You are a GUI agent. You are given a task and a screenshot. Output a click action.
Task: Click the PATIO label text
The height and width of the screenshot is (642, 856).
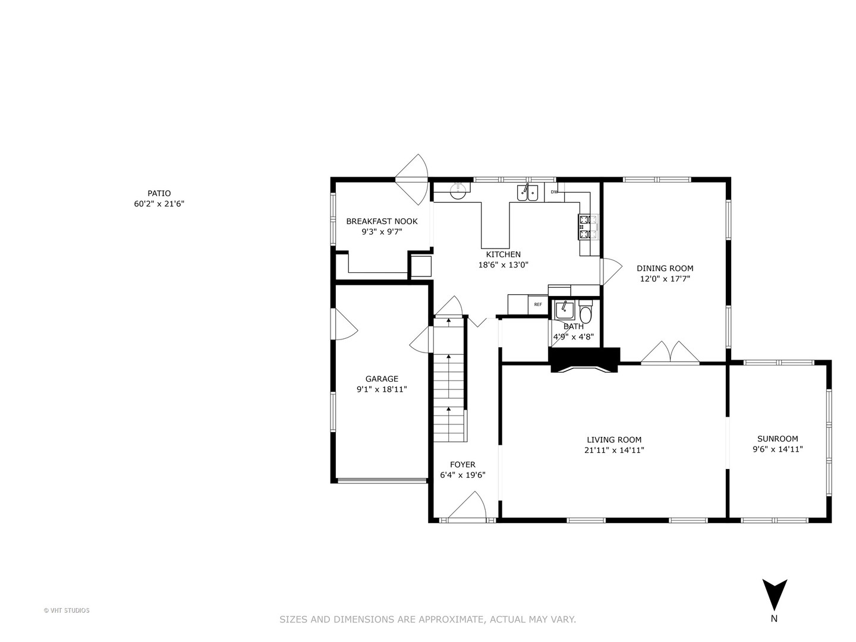[159, 193]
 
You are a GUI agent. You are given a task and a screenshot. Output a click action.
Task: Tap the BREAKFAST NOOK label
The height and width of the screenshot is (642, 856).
[382, 222]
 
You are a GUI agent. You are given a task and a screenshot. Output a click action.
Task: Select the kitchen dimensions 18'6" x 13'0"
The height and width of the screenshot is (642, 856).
[503, 265]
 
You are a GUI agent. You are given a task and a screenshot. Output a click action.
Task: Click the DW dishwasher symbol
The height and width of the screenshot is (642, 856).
[554, 192]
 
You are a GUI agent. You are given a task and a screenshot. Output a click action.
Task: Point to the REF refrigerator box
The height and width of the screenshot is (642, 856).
[537, 304]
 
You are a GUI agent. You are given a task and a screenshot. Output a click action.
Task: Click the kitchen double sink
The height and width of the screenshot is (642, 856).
[527, 193]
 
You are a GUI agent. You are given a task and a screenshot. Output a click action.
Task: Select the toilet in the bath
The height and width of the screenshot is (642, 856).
[586, 313]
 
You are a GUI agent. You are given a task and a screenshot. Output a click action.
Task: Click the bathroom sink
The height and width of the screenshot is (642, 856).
[564, 310]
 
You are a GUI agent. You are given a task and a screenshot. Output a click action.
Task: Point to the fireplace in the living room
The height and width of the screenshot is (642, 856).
[584, 360]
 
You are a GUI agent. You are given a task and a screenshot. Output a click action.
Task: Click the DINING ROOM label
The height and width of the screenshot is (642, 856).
[665, 269]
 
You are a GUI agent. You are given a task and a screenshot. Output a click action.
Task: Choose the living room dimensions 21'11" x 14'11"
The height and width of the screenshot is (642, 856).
[614, 451]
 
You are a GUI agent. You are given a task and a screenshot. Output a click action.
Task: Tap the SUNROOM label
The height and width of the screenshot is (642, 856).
[778, 439]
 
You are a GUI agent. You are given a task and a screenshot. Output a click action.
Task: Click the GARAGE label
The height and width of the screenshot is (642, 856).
[382, 379]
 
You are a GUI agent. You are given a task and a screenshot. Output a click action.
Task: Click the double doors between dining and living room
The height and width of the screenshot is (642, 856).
[670, 353]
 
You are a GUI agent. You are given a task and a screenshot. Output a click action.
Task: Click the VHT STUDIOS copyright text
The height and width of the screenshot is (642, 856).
[67, 610]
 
